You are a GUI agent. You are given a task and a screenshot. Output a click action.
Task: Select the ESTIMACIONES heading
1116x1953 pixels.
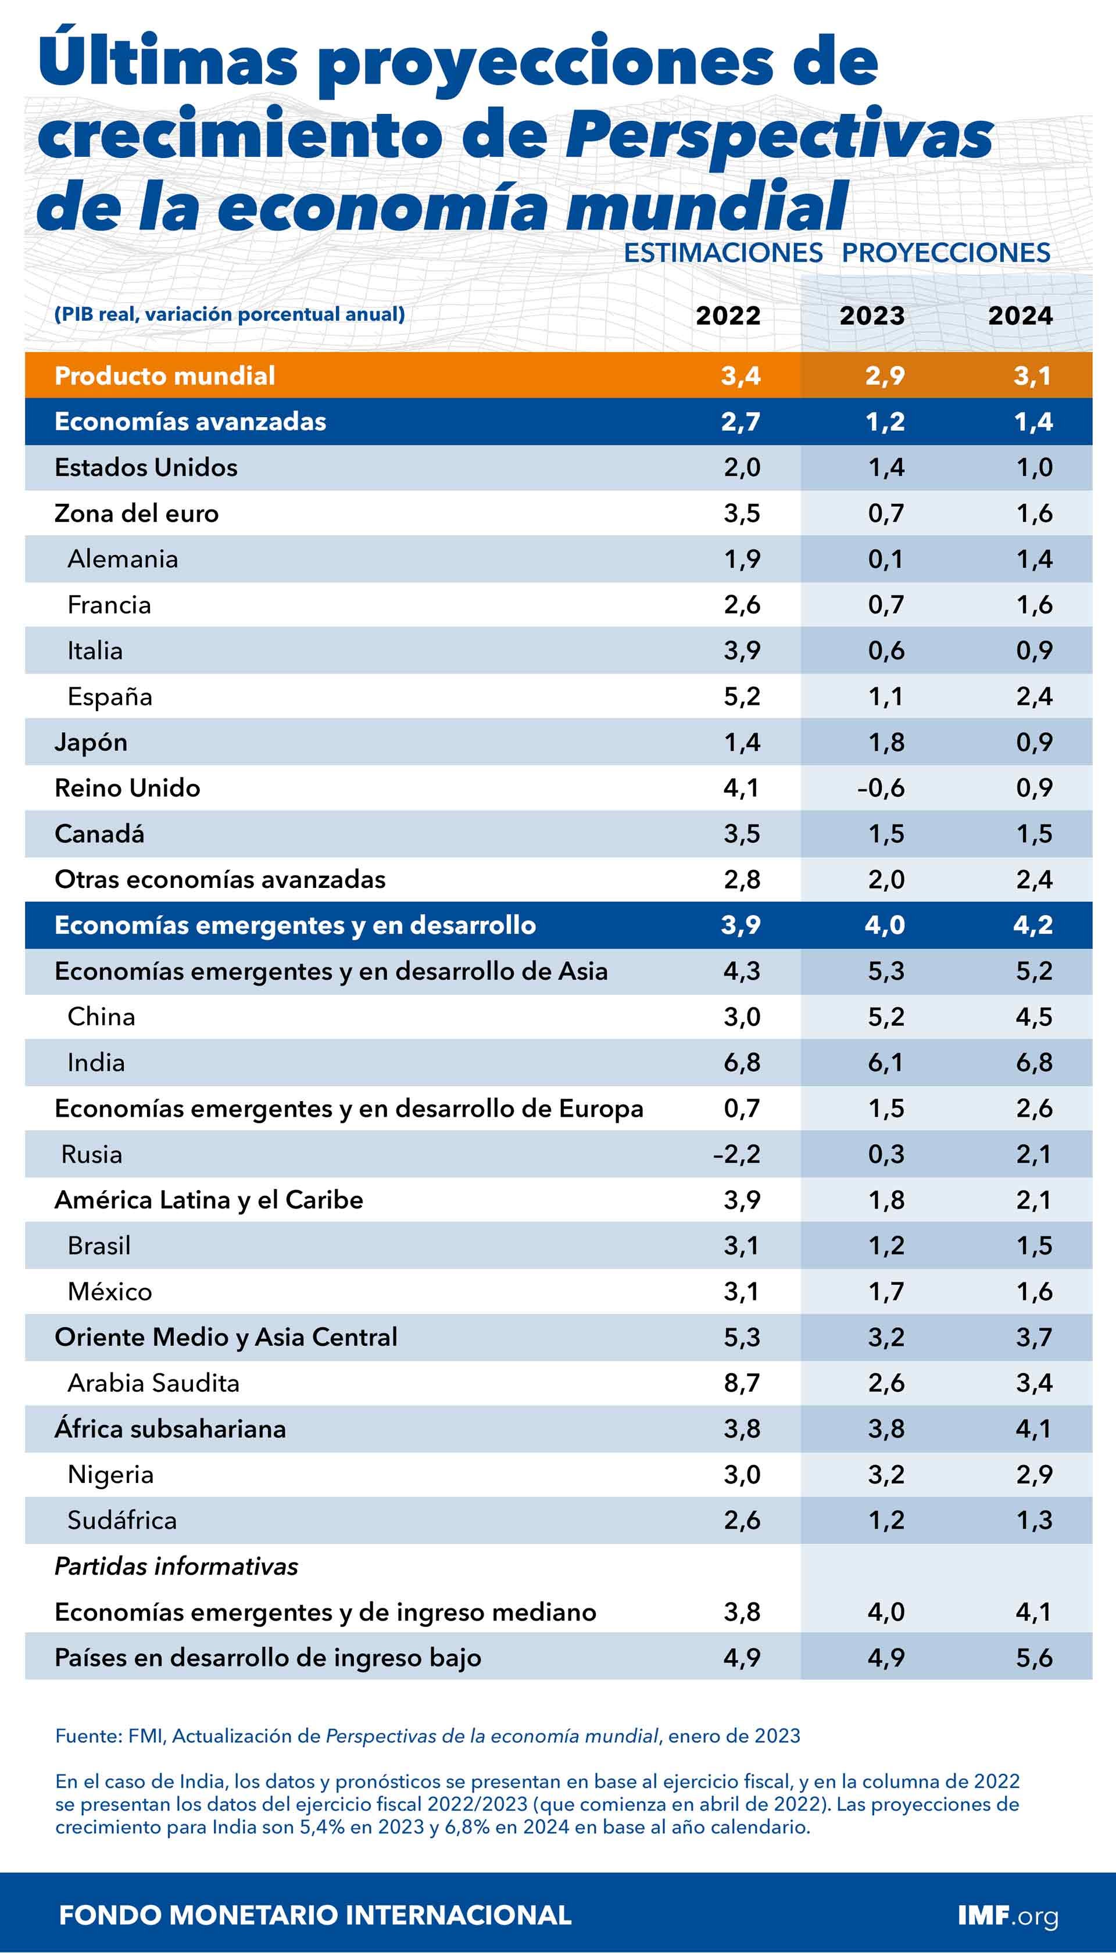pyautogui.click(x=723, y=253)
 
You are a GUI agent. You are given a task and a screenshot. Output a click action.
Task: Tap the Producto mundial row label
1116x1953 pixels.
pyautogui.click(x=165, y=375)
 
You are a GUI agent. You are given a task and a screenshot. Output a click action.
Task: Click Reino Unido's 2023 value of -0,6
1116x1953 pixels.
pyautogui.click(x=881, y=787)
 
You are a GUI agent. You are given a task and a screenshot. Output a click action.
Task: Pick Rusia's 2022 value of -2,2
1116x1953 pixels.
pyautogui.click(x=736, y=1154)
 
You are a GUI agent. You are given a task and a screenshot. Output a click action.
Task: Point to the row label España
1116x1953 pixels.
pyautogui.click(x=110, y=697)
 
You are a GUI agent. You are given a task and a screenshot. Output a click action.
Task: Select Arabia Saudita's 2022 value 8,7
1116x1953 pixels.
pyautogui.click(x=741, y=1383)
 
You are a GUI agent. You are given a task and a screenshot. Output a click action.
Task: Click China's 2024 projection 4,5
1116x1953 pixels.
pyautogui.click(x=1034, y=1017)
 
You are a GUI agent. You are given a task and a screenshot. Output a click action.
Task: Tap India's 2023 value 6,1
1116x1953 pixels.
pyautogui.click(x=885, y=1063)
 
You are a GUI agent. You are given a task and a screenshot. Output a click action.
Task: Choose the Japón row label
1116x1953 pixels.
pyautogui.click(x=91, y=743)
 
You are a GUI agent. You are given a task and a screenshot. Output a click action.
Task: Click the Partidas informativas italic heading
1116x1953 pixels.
pyautogui.click(x=176, y=1566)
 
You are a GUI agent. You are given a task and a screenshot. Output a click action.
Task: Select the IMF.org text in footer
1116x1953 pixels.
pyautogui.click(x=1007, y=1915)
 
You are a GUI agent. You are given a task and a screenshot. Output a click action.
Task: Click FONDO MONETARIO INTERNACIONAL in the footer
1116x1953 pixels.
pyautogui.click(x=315, y=1915)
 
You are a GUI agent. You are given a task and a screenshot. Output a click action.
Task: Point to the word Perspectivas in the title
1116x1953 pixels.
pyautogui.click(x=778, y=135)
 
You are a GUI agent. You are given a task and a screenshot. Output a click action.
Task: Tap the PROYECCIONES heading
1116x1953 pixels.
pyautogui.click(x=946, y=253)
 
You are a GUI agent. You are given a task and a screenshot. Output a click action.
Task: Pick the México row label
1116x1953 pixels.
pyautogui.click(x=110, y=1292)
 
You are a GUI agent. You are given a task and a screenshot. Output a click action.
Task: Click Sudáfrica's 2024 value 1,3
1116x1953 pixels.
pyautogui.click(x=1034, y=1520)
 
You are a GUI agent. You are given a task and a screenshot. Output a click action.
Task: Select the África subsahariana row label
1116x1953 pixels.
pyautogui.click(x=170, y=1429)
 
